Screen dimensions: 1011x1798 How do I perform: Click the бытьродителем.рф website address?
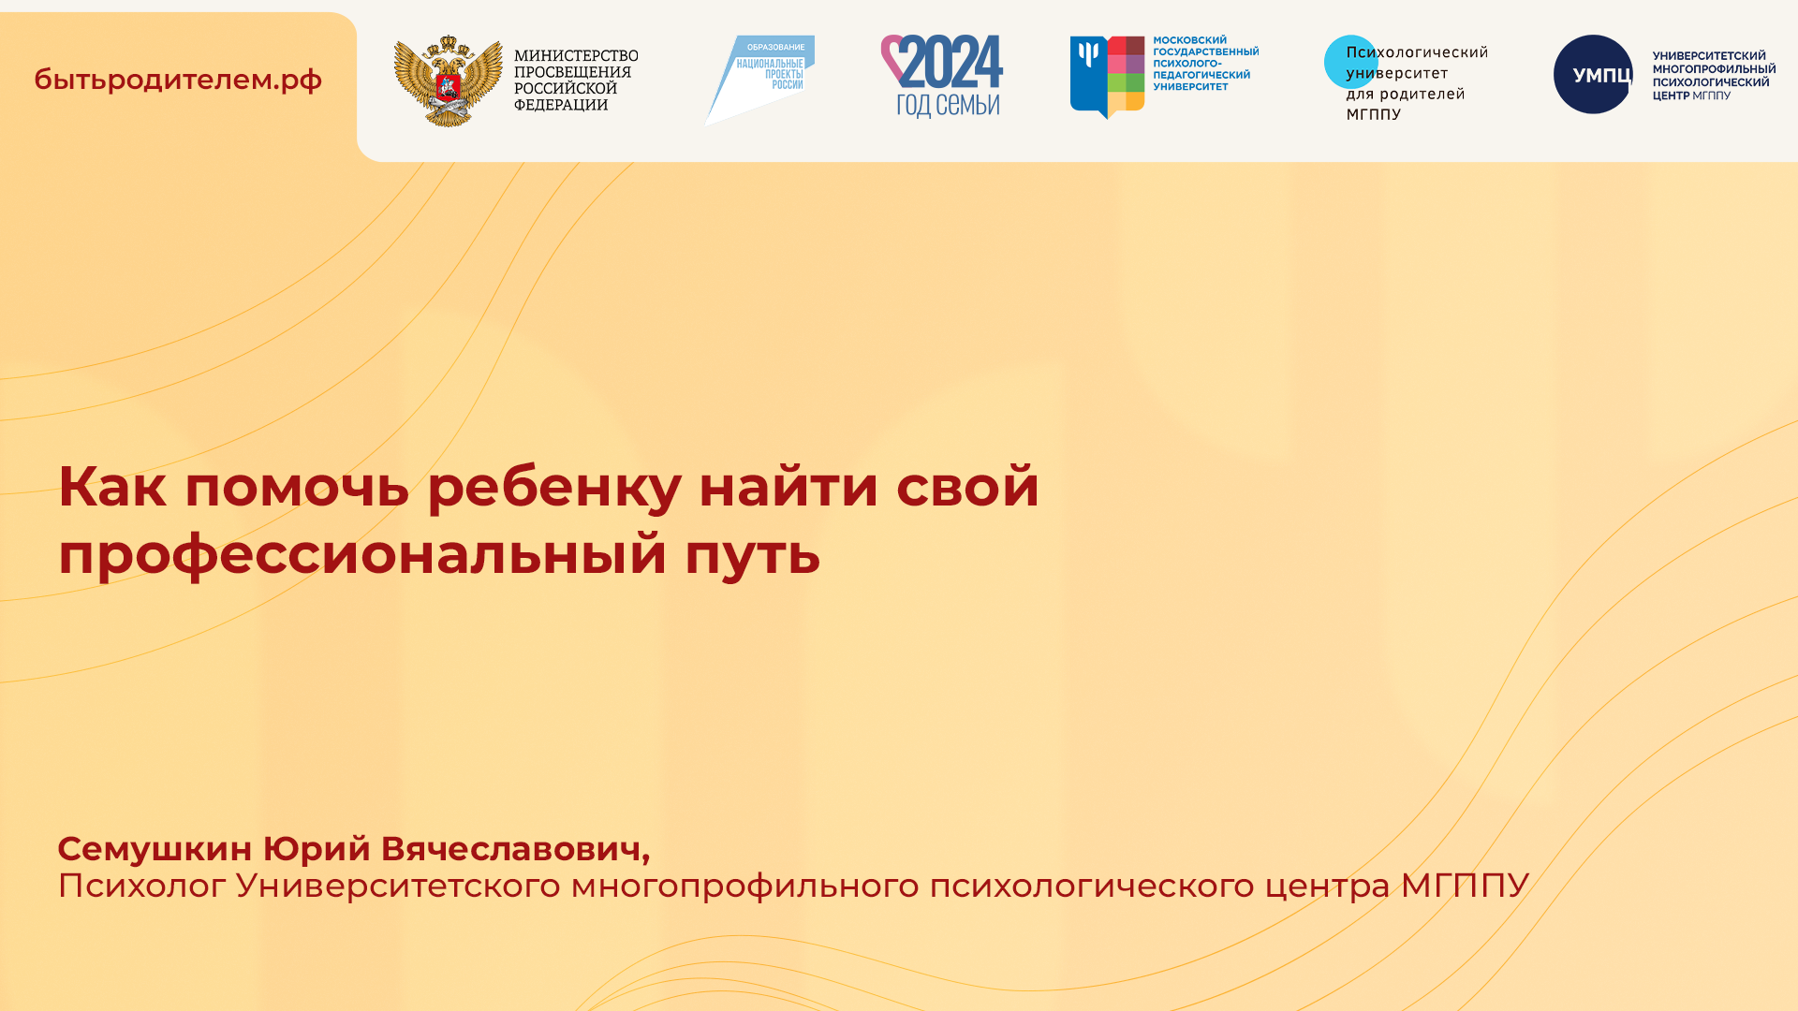point(178,81)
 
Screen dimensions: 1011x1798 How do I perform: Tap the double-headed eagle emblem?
point(448,81)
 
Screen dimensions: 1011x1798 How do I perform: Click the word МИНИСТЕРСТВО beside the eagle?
point(576,56)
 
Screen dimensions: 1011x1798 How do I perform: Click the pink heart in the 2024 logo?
point(893,56)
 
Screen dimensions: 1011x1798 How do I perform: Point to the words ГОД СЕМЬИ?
point(948,104)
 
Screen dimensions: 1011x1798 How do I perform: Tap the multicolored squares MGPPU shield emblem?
point(1107,76)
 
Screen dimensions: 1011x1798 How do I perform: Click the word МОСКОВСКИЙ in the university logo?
point(1189,40)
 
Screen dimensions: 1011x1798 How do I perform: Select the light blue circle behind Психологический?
point(1349,62)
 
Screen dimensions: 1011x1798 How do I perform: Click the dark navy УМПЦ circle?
point(1593,75)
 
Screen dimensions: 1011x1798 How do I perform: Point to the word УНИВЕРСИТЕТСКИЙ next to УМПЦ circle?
point(1709,56)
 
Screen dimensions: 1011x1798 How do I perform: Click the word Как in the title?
point(111,487)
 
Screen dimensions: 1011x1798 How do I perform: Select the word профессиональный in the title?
point(361,554)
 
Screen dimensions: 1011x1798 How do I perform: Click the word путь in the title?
point(752,554)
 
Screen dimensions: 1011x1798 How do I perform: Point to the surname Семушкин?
point(155,849)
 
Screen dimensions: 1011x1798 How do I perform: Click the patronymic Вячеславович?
point(514,849)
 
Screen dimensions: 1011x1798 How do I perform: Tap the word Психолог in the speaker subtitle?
point(141,886)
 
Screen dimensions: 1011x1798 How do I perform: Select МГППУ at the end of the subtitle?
point(1464,886)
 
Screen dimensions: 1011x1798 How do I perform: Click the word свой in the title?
point(967,487)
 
